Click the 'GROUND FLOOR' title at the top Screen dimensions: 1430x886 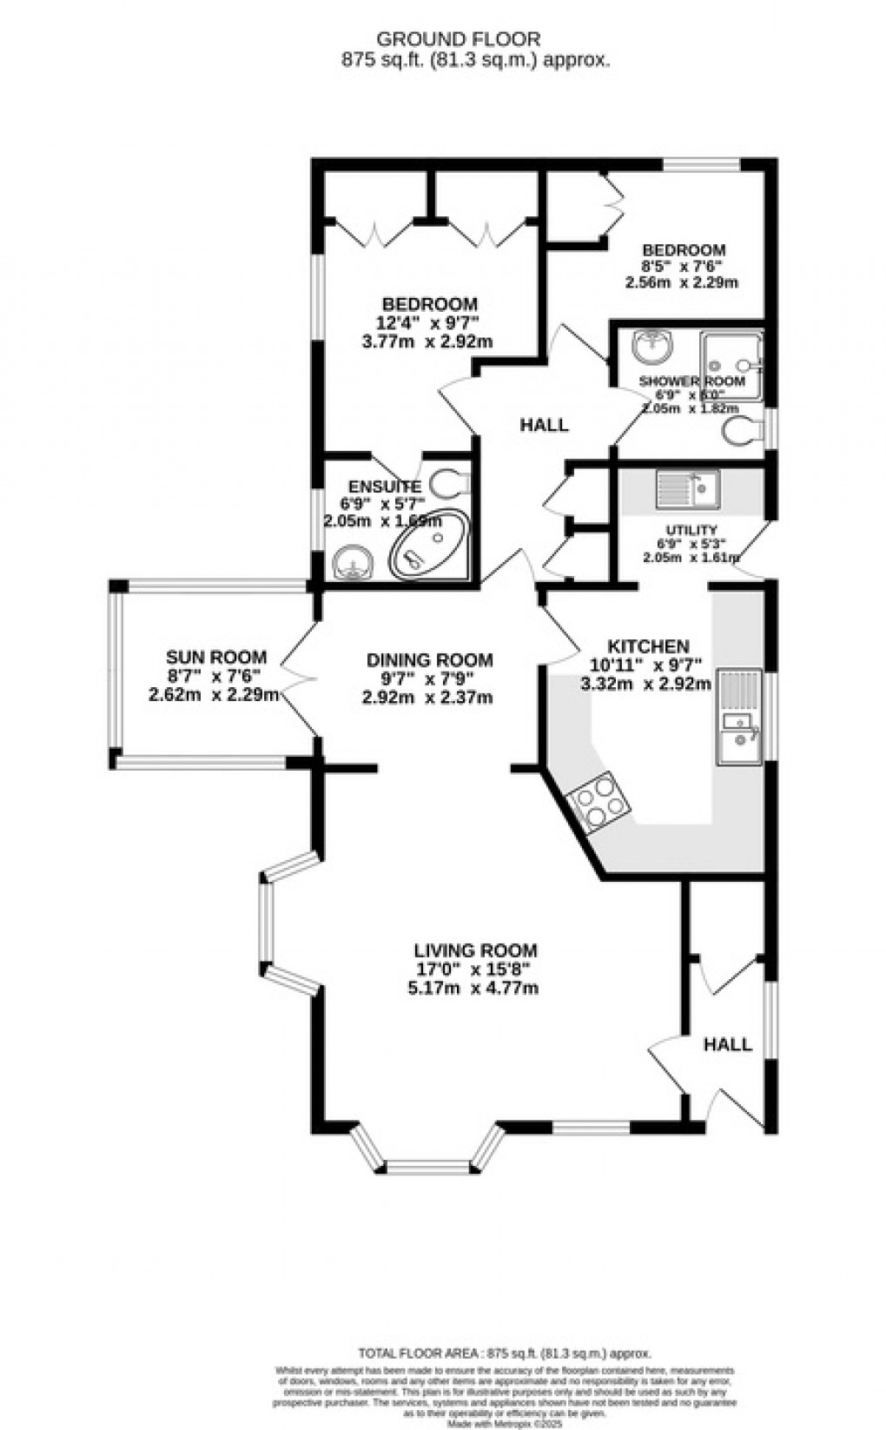pos(458,39)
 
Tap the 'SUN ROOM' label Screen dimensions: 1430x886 pos(216,658)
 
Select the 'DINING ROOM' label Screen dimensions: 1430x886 pos(429,660)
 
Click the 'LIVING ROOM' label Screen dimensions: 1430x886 pos(475,951)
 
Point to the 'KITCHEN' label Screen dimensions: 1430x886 pos(648,647)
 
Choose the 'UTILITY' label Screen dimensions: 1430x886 pos(691,531)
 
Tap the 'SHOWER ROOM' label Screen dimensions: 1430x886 pos(691,381)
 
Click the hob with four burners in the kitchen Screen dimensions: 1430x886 pos(598,801)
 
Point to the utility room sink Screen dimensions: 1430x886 pos(686,488)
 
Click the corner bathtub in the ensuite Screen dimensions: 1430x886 pos(429,546)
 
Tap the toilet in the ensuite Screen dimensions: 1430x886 pos(449,480)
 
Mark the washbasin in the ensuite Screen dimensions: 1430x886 pos(354,562)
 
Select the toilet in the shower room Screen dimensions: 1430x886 pos(741,429)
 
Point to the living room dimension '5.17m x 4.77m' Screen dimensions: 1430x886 pos(473,989)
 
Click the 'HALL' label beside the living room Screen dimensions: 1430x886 pos(727,1044)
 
